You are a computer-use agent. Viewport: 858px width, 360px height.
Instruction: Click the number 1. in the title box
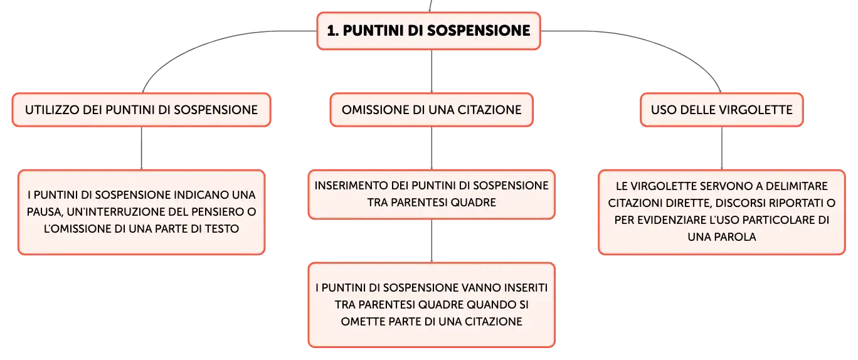333,31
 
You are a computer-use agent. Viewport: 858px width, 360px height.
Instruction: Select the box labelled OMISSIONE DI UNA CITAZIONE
432,110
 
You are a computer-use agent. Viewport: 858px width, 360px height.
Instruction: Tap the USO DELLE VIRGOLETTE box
722,110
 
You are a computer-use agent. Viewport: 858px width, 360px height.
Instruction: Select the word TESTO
222,229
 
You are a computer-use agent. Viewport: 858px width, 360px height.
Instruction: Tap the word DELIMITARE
797,186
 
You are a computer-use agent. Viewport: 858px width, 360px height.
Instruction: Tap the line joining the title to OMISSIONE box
432,71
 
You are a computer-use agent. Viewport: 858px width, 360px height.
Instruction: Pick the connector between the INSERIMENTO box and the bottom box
432,241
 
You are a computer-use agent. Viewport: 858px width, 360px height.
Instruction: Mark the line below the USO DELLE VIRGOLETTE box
722,148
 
